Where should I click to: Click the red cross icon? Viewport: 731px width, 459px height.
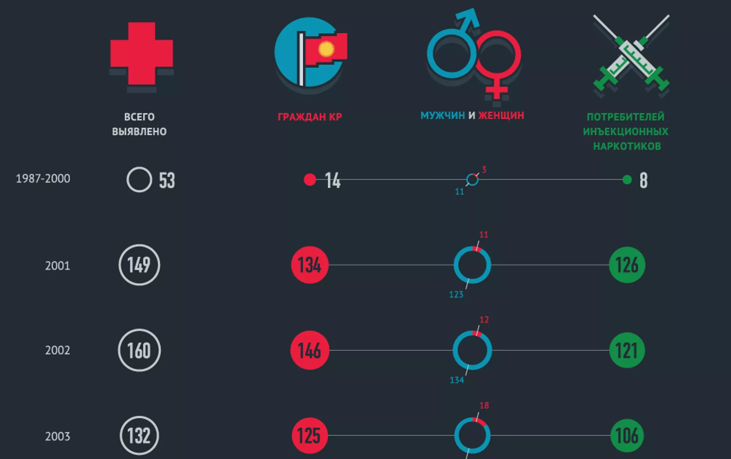pyautogui.click(x=142, y=53)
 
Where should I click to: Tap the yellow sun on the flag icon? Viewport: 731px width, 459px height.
pyautogui.click(x=326, y=49)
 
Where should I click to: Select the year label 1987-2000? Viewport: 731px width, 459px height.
pyautogui.click(x=43, y=179)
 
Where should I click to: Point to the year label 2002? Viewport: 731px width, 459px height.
pyautogui.click(x=57, y=350)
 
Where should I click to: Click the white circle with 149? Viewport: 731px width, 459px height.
pyautogui.click(x=139, y=265)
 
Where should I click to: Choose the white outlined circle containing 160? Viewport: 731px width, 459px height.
pyautogui.click(x=139, y=350)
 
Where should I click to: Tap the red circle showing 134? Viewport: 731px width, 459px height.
pyautogui.click(x=310, y=265)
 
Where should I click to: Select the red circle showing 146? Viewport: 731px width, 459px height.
pyautogui.click(x=310, y=350)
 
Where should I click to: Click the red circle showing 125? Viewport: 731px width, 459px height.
pyautogui.click(x=310, y=436)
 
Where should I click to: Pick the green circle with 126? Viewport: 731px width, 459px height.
pyautogui.click(x=627, y=265)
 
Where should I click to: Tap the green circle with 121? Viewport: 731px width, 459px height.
pyautogui.click(x=627, y=350)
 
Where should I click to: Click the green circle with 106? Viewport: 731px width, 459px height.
pyautogui.click(x=627, y=436)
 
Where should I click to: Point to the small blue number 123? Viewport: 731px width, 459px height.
pyautogui.click(x=456, y=294)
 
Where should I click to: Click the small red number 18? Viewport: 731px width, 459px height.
pyautogui.click(x=484, y=405)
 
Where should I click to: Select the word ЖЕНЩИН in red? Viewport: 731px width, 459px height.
pyautogui.click(x=501, y=115)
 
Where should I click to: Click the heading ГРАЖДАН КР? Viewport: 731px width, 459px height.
pyautogui.click(x=310, y=117)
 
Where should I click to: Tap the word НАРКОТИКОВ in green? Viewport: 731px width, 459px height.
pyautogui.click(x=627, y=146)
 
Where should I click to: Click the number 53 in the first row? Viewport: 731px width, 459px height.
pyautogui.click(x=167, y=181)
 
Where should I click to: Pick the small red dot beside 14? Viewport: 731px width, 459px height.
pyautogui.click(x=310, y=179)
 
